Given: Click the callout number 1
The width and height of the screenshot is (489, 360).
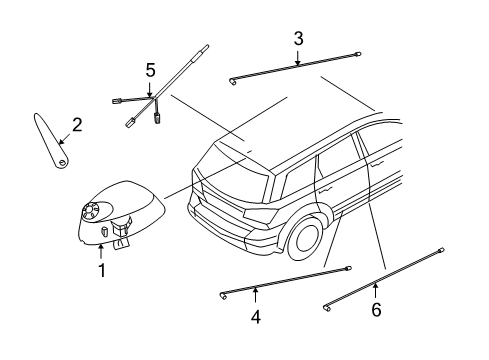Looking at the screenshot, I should pyautogui.click(x=101, y=270).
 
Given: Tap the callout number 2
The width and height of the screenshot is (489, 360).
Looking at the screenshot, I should pyautogui.click(x=76, y=126).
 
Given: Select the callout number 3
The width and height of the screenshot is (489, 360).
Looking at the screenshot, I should pyautogui.click(x=298, y=39).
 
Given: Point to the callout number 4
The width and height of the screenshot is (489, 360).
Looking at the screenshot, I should pyautogui.click(x=255, y=317).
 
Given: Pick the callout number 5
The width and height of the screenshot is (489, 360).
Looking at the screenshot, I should pyautogui.click(x=150, y=70).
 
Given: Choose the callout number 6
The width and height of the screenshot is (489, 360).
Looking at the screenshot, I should pyautogui.click(x=376, y=311).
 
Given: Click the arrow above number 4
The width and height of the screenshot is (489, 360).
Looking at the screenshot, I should pyautogui.click(x=255, y=295).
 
